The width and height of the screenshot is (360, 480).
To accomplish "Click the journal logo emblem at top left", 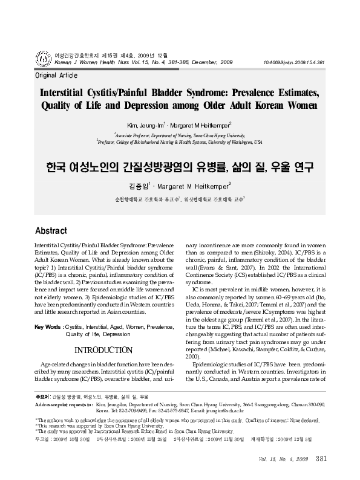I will [x=26, y=58].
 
